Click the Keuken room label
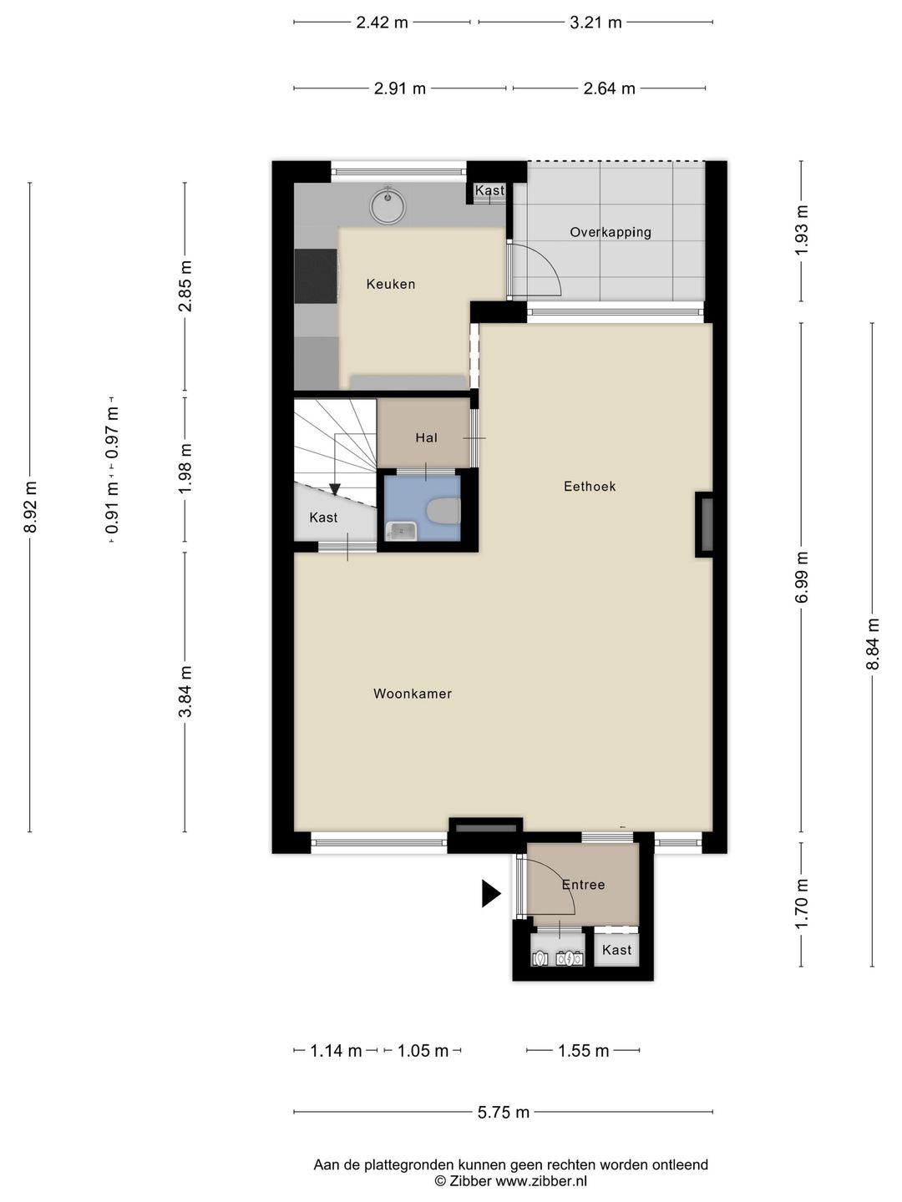[x=391, y=284]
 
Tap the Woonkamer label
[x=413, y=694]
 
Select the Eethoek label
[x=590, y=487]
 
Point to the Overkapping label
[x=611, y=232]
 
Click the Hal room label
[x=426, y=437]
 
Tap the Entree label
[x=583, y=885]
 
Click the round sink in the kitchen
[x=388, y=206]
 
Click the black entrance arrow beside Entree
[x=491, y=894]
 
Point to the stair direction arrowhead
[x=335, y=489]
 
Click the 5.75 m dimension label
[x=504, y=1112]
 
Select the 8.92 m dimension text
[x=29, y=507]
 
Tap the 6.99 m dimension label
[x=801, y=577]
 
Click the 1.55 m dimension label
[x=583, y=1051]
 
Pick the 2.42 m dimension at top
[x=382, y=23]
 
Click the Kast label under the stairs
[x=323, y=518]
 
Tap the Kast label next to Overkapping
[x=489, y=190]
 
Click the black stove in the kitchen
[x=316, y=276]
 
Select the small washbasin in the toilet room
[x=401, y=531]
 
